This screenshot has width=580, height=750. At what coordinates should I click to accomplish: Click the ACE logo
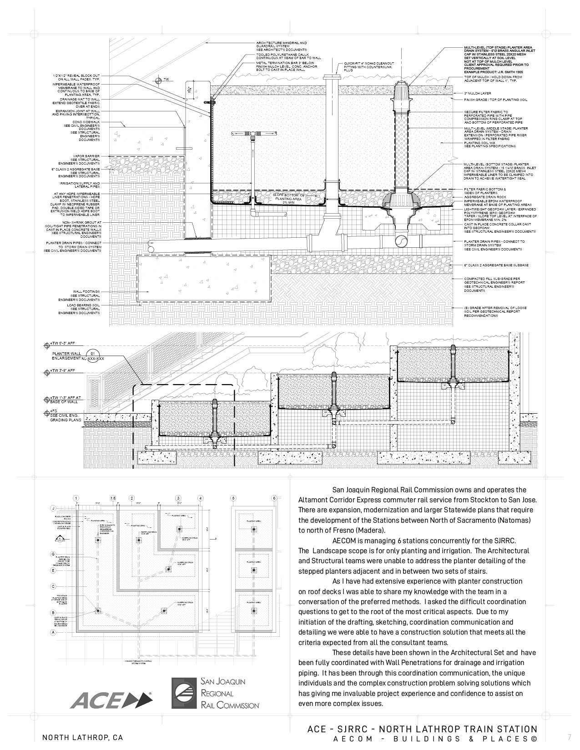coord(111,700)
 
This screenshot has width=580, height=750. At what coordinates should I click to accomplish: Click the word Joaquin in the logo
coord(230,682)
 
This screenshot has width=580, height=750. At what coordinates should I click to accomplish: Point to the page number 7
coord(569,737)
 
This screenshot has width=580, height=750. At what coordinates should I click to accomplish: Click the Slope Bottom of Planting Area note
coord(288,199)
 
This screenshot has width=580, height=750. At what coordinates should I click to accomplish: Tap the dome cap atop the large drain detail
coord(403,93)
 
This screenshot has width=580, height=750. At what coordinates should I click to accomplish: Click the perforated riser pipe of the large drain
coord(403,150)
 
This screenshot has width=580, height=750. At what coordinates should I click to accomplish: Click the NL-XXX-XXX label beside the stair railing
coord(93,359)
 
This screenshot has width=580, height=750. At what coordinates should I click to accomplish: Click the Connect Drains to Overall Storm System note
coord(138,662)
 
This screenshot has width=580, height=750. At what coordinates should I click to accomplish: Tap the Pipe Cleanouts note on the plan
coord(108,529)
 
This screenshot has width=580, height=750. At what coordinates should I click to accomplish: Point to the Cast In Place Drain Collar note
coord(60,622)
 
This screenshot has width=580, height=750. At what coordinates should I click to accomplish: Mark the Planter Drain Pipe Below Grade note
coord(61,561)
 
